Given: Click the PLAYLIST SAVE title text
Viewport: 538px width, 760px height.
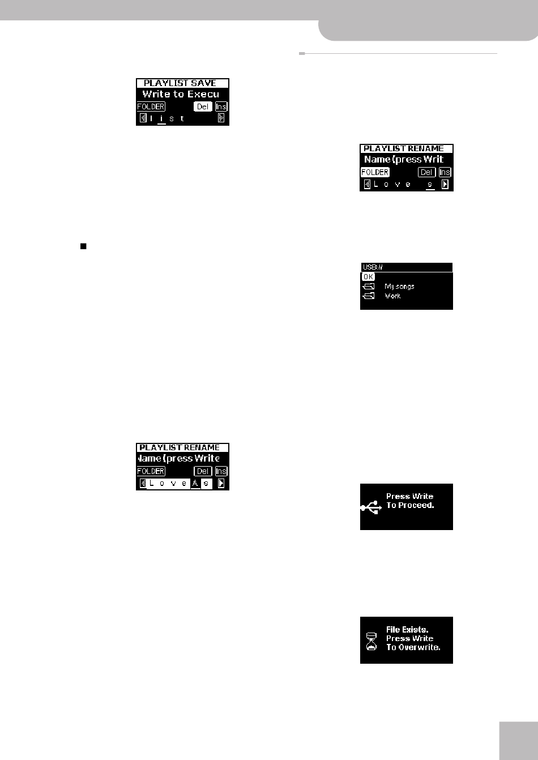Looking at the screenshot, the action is pyautogui.click(x=180, y=83).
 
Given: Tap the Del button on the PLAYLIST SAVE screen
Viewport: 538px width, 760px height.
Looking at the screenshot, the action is pyautogui.click(x=203, y=106).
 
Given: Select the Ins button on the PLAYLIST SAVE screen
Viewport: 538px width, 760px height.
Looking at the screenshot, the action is pyautogui.click(x=221, y=106).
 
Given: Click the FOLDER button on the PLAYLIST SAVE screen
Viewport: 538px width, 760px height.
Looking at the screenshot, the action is pyautogui.click(x=151, y=106).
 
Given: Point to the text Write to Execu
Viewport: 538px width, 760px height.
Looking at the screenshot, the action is pyautogui.click(x=181, y=94).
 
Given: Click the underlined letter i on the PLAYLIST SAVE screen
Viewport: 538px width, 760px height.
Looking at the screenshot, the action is pyautogui.click(x=162, y=118).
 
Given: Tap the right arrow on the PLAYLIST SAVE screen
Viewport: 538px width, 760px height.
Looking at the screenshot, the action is pyautogui.click(x=221, y=118).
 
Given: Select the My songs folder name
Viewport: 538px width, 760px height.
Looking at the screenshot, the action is pyautogui.click(x=399, y=287).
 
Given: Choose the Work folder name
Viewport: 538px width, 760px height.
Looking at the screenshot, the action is pyautogui.click(x=392, y=296).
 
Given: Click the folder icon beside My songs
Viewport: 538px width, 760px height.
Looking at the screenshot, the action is pyautogui.click(x=369, y=287).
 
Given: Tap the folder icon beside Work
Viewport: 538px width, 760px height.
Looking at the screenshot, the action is pyautogui.click(x=369, y=296).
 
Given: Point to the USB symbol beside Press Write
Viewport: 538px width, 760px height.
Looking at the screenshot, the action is pyautogui.click(x=371, y=507).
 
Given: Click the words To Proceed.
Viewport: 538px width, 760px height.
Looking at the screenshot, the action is pyautogui.click(x=410, y=505).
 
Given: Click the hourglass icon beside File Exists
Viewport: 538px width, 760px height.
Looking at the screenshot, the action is pyautogui.click(x=372, y=641).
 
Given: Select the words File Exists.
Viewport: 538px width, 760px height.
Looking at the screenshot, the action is pyautogui.click(x=407, y=629).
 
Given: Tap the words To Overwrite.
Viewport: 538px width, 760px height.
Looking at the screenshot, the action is pyautogui.click(x=413, y=647).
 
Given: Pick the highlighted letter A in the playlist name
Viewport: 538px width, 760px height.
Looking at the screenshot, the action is pyautogui.click(x=195, y=483).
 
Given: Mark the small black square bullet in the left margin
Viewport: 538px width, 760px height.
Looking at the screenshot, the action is pyautogui.click(x=83, y=246).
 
